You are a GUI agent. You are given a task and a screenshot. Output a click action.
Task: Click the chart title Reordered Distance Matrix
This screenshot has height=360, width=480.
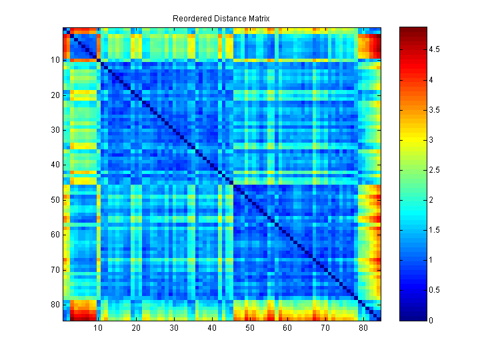[x=221, y=18]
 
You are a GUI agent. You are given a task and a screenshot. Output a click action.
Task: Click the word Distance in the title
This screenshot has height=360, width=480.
[x=223, y=18]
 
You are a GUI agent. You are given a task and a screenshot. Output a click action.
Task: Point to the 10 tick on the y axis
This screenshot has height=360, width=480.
[x=55, y=60]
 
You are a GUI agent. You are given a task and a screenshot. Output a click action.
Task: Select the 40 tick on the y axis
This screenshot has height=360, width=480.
[x=55, y=165]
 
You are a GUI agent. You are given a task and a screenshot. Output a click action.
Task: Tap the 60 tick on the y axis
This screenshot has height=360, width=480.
[x=55, y=235]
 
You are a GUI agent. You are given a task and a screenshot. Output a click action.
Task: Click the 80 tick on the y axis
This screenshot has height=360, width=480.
[x=55, y=305]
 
